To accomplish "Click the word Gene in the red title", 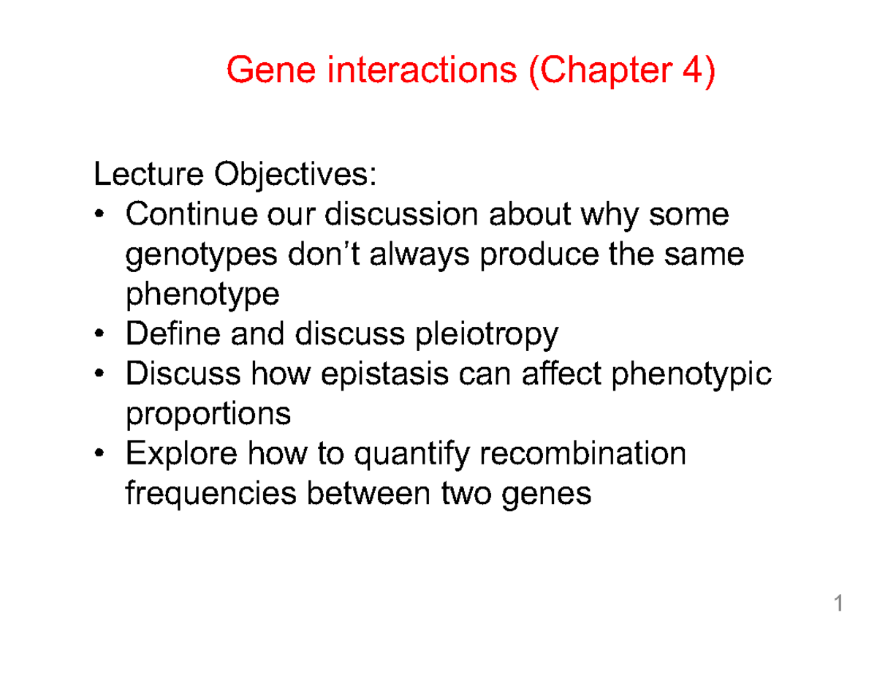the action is (x=270, y=70).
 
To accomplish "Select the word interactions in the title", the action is (x=422, y=69).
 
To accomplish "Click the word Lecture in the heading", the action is (x=148, y=174).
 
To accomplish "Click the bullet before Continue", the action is (x=99, y=214).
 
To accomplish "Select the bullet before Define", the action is (x=99, y=333).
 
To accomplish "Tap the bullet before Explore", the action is (x=99, y=453).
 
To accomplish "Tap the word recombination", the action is (x=582, y=453).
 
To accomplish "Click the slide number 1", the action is (x=838, y=603).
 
